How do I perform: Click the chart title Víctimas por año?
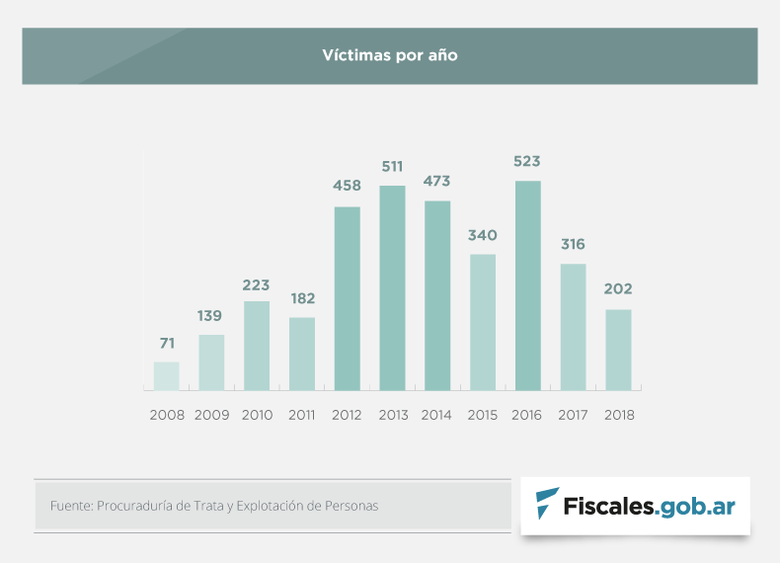389,55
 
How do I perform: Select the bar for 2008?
167,375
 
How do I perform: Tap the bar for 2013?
393,287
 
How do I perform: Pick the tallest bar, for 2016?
528,284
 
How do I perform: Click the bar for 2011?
302,353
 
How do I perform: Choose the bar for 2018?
619,349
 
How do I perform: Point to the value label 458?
348,186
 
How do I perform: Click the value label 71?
167,343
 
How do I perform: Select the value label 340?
483,235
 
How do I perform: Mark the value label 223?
257,285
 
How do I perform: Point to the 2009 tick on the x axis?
212,416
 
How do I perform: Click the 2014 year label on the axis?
437,416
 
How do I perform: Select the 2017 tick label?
574,416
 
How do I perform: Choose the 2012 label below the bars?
348,416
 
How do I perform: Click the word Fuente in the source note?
70,506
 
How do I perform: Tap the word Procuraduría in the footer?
136,506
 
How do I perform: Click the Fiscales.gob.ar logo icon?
546,504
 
